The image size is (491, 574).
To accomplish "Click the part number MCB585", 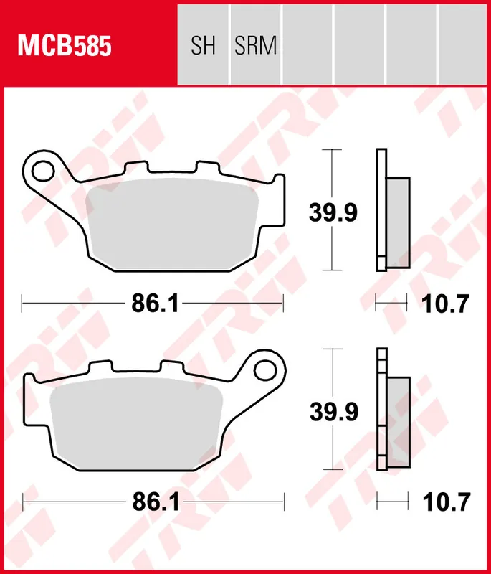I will click(65, 47).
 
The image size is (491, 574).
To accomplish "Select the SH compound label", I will click(203, 47).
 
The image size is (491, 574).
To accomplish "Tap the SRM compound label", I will click(255, 47).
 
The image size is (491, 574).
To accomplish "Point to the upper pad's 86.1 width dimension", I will click(154, 304).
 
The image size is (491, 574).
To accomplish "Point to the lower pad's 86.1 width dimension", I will click(154, 503).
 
